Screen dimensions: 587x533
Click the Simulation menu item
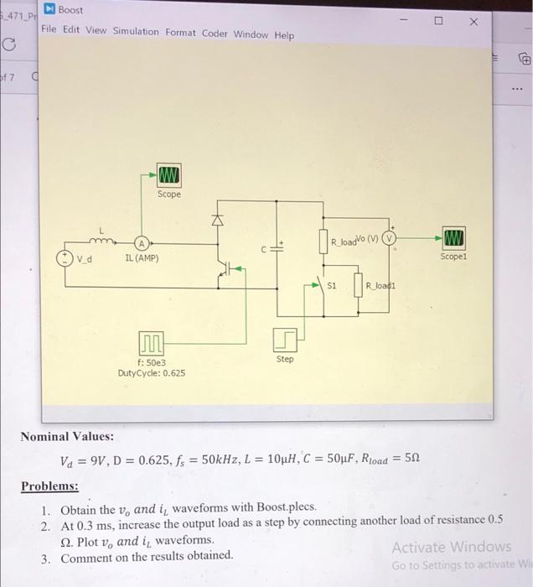click(135, 34)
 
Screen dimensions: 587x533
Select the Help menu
click(284, 35)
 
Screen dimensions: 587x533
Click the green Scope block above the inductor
click(168, 175)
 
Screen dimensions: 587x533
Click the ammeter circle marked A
click(142, 242)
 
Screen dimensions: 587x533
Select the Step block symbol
click(285, 339)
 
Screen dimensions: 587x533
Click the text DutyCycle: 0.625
click(152, 372)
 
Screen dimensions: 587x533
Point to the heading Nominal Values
click(67, 437)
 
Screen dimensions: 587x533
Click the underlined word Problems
click(49, 486)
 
